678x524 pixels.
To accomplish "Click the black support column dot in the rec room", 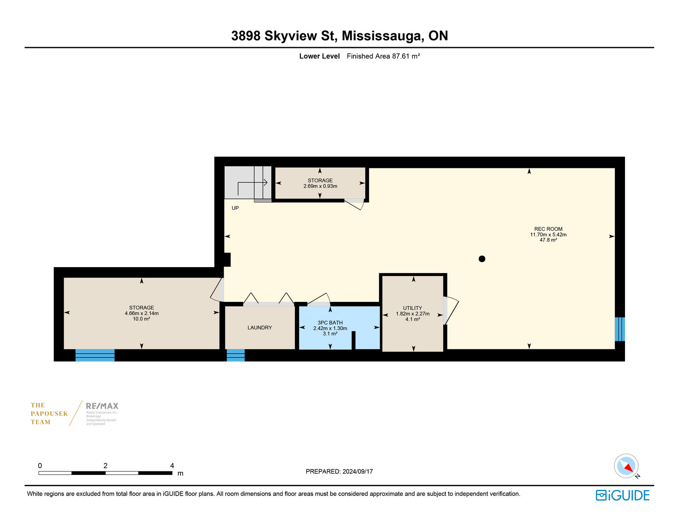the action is coord(482,259).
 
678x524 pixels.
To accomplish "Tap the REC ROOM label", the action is coord(548,229).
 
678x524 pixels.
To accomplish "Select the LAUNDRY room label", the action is coord(260,327).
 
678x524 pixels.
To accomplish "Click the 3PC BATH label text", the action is coord(330,322).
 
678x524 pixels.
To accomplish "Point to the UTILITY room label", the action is coord(412,308).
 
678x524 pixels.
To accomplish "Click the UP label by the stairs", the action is coord(235,208).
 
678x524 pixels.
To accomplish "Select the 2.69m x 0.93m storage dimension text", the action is coord(320,186).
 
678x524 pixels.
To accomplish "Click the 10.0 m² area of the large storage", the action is coord(142,319).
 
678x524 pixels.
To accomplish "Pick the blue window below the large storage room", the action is coord(95,355).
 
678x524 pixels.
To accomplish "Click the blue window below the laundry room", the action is coord(236,355).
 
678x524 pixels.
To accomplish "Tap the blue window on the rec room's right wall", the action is coord(620,329).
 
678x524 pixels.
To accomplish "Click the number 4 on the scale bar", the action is coord(172,465).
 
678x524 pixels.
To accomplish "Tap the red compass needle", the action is coord(629,468).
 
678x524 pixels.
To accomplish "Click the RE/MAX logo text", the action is coord(102,406).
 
